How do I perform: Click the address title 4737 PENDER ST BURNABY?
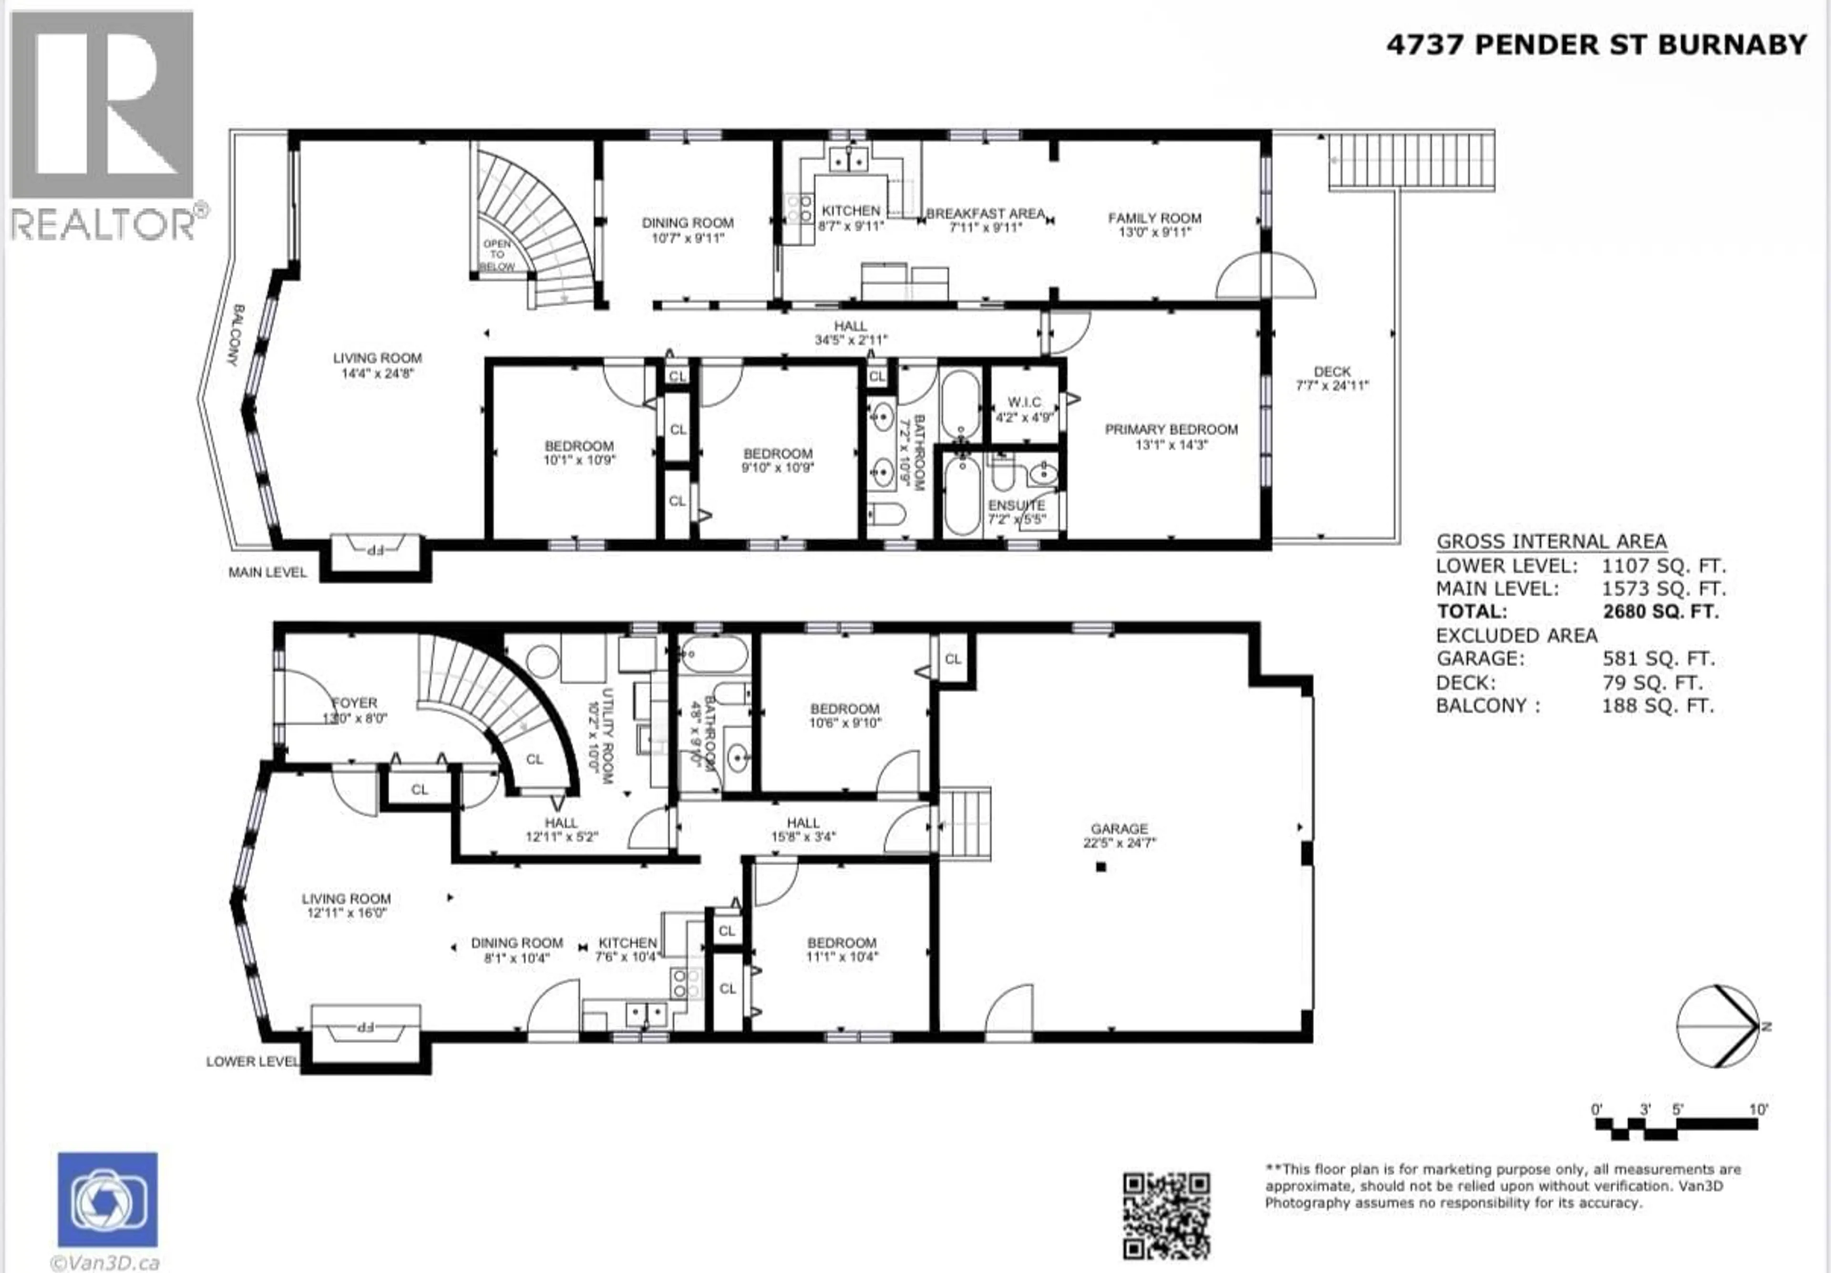tap(1597, 45)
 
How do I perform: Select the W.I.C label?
tap(1024, 402)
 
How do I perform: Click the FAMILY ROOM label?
tap(1154, 218)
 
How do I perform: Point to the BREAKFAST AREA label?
tap(985, 214)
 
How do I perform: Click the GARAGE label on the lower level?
tap(1119, 829)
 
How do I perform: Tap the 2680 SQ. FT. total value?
tap(1660, 612)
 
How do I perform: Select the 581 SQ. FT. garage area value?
tap(1658, 659)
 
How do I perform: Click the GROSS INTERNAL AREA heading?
tap(1551, 542)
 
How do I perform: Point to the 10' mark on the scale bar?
tap(1758, 1109)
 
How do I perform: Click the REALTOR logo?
tap(103, 127)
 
